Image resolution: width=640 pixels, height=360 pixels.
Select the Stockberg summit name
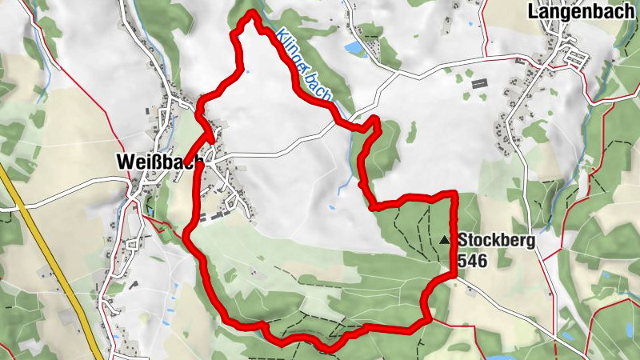pos(495,239)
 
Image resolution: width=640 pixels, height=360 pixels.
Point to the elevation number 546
pos(473,259)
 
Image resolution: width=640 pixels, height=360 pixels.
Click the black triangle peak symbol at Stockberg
pos(445,238)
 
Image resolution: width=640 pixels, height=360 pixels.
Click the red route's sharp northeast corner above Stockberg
pos(454,194)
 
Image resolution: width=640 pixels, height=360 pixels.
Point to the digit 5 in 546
pos(463,259)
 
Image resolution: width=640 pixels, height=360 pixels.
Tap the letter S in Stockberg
pos(463,239)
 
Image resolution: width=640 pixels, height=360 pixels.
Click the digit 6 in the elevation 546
pos(482,259)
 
